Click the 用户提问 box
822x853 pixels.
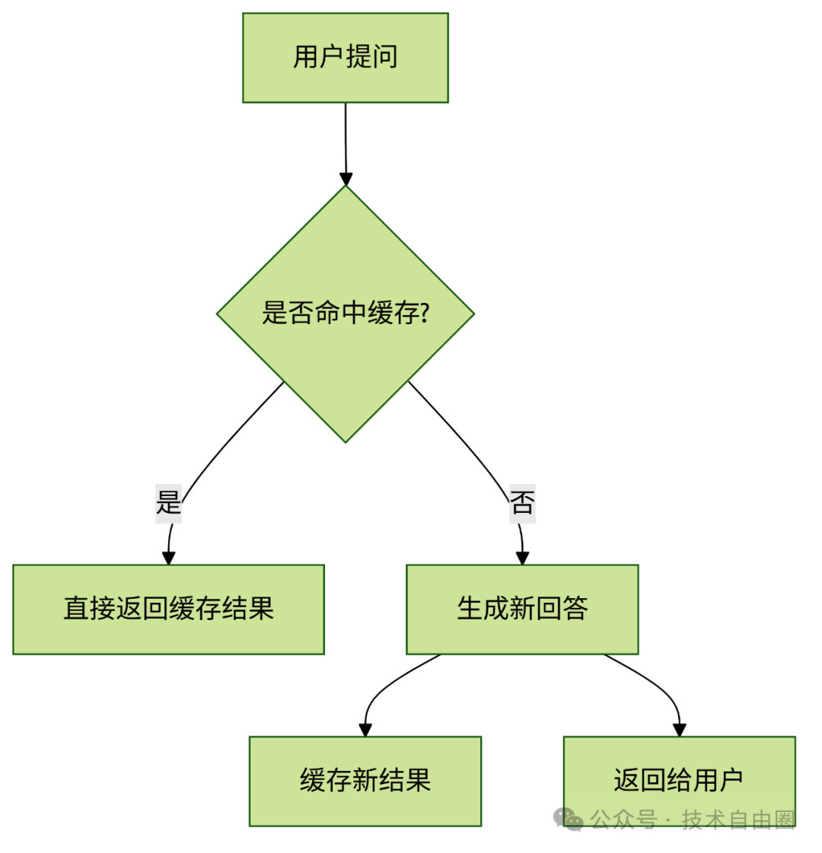click(x=345, y=57)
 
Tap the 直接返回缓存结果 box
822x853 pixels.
click(x=168, y=609)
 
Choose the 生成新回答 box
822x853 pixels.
click(x=522, y=609)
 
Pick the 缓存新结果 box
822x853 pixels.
click(x=365, y=781)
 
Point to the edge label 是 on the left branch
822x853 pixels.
click(x=168, y=503)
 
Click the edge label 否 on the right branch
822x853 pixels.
click(x=522, y=503)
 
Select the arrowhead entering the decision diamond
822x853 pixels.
click(x=346, y=179)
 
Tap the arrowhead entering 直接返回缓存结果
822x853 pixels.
click(x=168, y=558)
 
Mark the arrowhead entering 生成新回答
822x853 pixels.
click(x=522, y=558)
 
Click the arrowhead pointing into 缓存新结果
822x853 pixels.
click(x=365, y=730)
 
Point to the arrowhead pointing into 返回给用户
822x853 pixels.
click(x=680, y=730)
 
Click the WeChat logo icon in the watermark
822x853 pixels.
click(x=569, y=820)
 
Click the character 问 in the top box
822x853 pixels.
click(x=385, y=57)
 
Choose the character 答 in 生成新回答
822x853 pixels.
click(x=575, y=609)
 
